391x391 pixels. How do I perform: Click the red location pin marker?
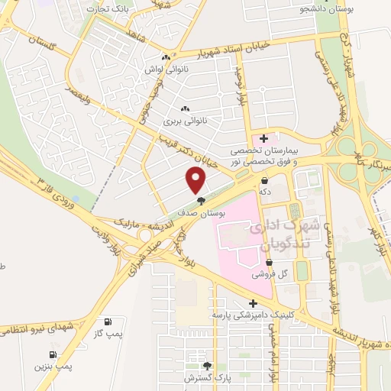click(196, 180)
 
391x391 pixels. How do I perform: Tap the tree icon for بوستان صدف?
click(200, 202)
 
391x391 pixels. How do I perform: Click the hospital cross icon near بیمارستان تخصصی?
click(263, 138)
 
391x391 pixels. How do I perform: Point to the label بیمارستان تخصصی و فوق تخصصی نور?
click(263, 157)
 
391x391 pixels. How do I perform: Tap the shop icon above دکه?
click(264, 182)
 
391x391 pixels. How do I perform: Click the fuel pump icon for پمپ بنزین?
click(53, 354)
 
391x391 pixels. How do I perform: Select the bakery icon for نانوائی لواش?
click(166, 57)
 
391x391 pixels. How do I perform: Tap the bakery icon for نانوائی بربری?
click(186, 108)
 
